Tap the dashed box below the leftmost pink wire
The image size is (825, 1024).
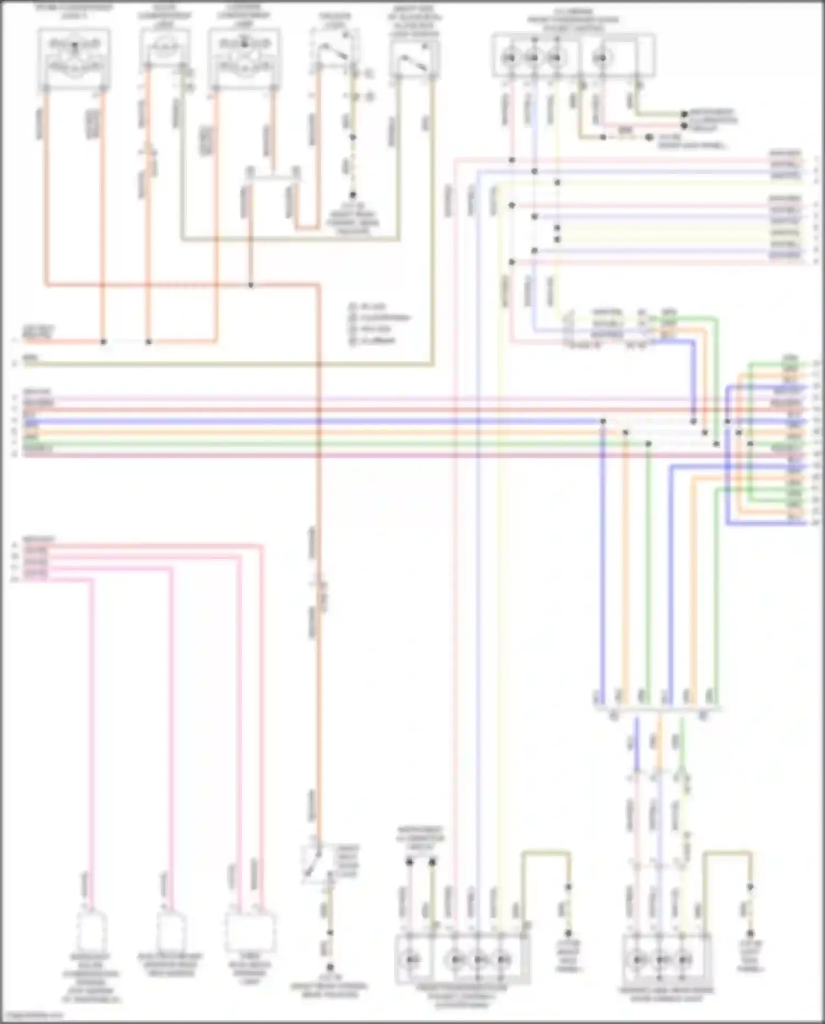tap(91, 931)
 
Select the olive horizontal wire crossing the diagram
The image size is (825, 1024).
tap(220, 364)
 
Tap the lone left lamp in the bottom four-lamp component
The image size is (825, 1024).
tap(411, 960)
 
